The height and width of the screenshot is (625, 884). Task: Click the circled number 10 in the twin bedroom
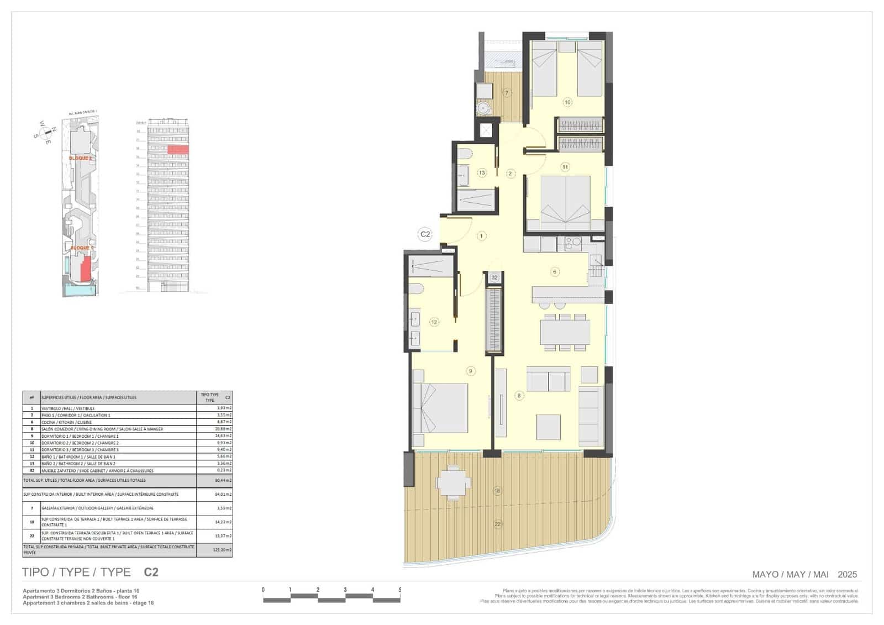[x=567, y=102]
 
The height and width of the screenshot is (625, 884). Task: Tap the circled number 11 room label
[x=565, y=167]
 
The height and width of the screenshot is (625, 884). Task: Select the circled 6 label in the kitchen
[x=555, y=271]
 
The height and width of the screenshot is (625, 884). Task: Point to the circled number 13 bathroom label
[x=482, y=173]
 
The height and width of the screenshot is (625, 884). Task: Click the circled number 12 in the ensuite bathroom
[x=434, y=322]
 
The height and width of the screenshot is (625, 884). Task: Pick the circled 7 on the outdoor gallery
[x=507, y=93]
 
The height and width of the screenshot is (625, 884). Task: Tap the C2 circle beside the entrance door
[x=425, y=234]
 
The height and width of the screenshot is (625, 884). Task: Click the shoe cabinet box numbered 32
[x=494, y=277]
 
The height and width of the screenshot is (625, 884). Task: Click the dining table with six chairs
[x=565, y=332]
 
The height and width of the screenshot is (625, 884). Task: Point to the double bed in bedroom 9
[x=440, y=409]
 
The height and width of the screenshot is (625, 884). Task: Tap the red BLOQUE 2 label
[x=81, y=158]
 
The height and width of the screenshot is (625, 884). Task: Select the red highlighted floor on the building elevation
[x=178, y=149]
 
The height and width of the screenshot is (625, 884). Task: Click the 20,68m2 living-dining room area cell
[x=223, y=429]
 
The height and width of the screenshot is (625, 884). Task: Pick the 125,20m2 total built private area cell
[x=223, y=550]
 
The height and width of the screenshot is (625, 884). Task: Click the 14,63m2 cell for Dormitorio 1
[x=223, y=436]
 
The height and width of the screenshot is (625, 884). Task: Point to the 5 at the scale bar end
[x=399, y=590]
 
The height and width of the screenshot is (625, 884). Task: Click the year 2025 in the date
[x=847, y=575]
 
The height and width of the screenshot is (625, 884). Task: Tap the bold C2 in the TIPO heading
[x=151, y=573]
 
